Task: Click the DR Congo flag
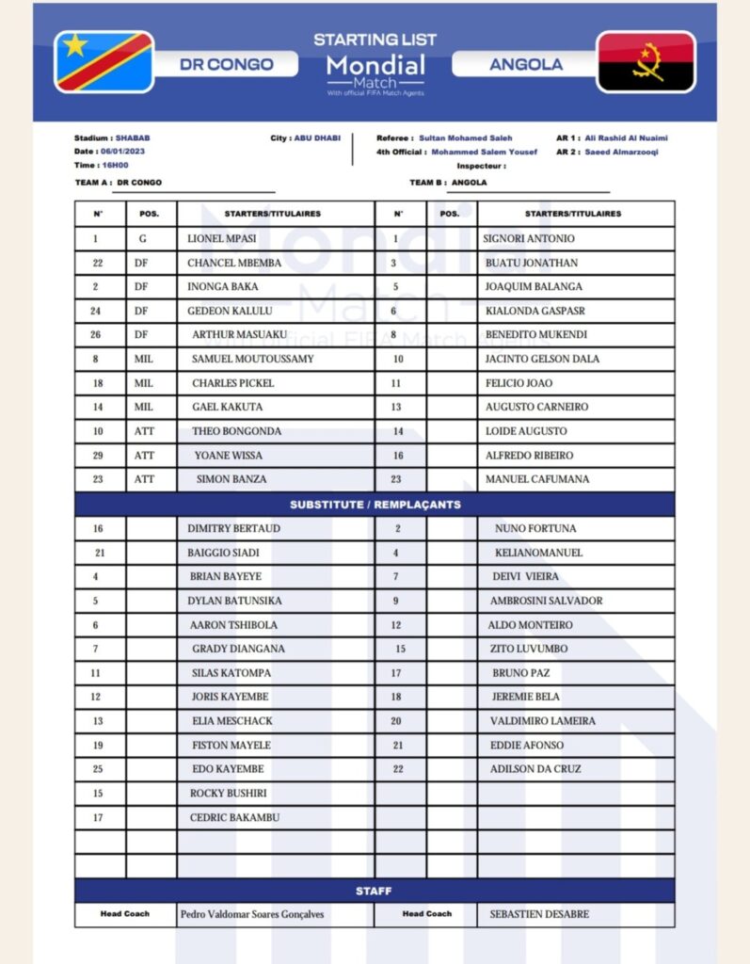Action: coord(104,62)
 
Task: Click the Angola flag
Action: coord(646,62)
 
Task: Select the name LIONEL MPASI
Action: coord(221,239)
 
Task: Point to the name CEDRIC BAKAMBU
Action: coord(234,817)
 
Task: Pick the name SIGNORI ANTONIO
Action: coord(528,239)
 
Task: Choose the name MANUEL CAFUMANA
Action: coord(537,479)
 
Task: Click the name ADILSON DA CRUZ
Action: coord(535,769)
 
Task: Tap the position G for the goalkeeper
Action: coord(143,239)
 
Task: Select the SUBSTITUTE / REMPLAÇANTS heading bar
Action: coord(375,505)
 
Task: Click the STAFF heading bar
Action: coord(375,891)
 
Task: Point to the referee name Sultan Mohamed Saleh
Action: coord(466,138)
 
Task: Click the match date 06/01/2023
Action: coord(122,152)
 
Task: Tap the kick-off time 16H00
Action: coord(115,165)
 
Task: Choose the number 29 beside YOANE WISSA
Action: coord(98,456)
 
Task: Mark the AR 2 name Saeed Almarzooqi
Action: coord(622,152)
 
